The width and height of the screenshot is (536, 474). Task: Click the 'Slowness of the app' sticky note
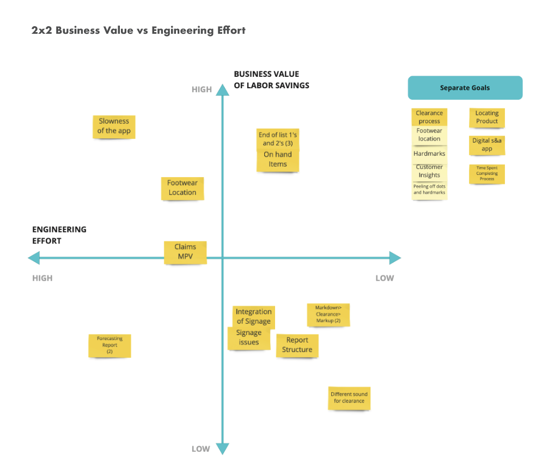[114, 126]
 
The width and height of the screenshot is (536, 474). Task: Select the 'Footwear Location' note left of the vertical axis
[182, 189]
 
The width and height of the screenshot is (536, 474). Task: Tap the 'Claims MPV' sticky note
[185, 252]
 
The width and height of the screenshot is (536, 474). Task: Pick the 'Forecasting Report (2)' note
[110, 346]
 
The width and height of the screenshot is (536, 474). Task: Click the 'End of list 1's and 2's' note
[278, 139]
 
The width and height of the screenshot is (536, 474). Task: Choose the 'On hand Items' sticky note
[278, 160]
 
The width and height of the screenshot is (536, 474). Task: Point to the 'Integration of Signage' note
[254, 317]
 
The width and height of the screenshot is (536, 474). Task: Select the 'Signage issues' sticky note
[248, 338]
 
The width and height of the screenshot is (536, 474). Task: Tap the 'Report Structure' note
[297, 345]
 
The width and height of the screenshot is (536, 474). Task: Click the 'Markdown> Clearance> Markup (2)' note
[328, 314]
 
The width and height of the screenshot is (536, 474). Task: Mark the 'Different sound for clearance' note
[349, 398]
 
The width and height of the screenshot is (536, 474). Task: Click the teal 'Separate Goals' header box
[465, 88]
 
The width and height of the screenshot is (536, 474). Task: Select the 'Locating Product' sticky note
[487, 118]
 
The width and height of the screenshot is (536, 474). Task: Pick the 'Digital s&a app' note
[487, 145]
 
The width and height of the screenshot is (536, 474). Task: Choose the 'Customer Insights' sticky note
[429, 172]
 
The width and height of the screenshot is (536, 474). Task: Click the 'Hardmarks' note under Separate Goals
[429, 154]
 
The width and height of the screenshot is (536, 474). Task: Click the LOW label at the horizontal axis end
[385, 278]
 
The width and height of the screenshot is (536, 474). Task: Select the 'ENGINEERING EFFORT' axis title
[59, 235]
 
